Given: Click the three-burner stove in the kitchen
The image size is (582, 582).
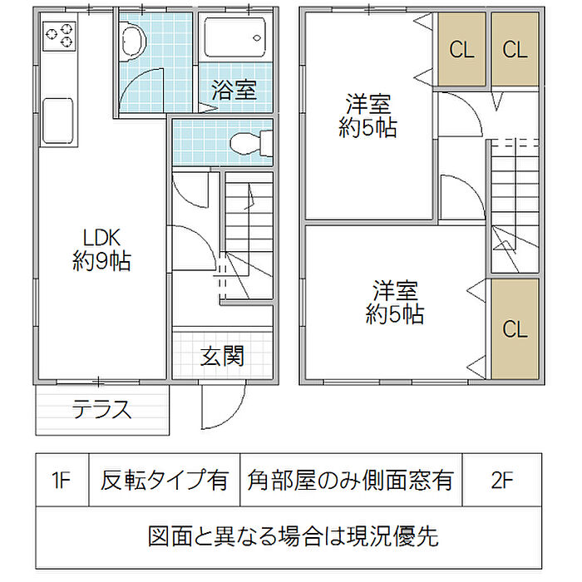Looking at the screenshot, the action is coord(59,36).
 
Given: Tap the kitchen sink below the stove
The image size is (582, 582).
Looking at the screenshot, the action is coord(57,121).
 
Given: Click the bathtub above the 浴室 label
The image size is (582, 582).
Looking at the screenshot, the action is coord(235,37).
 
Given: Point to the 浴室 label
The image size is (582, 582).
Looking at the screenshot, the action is coord(234,90).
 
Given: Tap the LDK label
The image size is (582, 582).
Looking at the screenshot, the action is coord(101,249).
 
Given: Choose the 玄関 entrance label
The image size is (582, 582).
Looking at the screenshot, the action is coord(222,356).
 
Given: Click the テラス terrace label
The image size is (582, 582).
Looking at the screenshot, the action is coord(101,409).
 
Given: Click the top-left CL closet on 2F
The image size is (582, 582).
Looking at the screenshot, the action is coord(462,49).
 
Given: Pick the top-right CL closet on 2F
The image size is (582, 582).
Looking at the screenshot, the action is coord(515,49).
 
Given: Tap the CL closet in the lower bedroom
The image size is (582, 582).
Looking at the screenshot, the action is coord(515,329).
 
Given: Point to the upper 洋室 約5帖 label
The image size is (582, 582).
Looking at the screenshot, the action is coord(367,116).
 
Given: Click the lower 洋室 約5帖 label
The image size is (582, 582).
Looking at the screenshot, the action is coord(395,303).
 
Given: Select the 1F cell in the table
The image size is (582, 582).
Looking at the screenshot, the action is coord(62,480).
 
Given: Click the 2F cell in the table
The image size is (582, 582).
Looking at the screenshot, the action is coord(502,480).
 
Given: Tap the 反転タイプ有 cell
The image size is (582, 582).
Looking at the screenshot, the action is coord(165,480).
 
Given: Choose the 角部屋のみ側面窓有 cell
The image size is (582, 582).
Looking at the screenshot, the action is coord(351,480).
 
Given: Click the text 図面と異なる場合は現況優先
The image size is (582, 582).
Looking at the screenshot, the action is coord(293,536).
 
